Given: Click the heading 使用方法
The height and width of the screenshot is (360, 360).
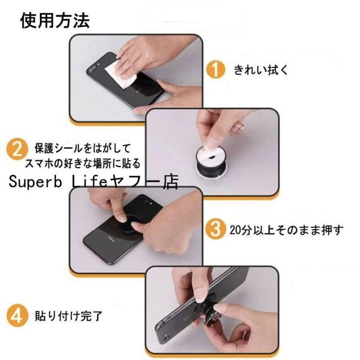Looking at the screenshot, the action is point(55,20).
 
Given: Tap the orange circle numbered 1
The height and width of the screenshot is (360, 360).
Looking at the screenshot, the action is point(215,69).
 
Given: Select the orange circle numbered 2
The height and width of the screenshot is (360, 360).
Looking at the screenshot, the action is point(17,150).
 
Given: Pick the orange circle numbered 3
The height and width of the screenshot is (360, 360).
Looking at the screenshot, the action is point(215,229).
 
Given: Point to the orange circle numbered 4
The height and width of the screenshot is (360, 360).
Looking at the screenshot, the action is point(17,316).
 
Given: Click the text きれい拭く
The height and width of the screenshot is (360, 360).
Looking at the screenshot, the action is point(261,70).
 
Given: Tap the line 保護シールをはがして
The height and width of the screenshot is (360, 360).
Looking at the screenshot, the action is point(83,148).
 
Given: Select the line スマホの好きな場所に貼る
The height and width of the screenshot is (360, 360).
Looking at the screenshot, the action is point(83,164).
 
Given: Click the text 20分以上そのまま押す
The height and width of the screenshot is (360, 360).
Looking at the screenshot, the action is point(286,230).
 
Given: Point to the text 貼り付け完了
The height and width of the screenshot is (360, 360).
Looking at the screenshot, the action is point(69,316).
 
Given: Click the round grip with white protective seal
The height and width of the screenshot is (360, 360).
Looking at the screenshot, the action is point(210,161).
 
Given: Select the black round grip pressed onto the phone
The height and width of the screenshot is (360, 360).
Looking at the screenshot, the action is point(128,222).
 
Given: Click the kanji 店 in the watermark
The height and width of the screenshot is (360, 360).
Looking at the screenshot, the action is point(171,182).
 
